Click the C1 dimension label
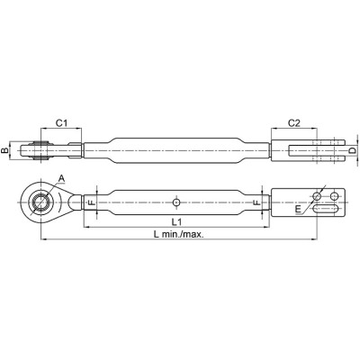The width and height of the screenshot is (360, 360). [61, 122]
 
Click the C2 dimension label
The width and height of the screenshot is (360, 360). [294, 122]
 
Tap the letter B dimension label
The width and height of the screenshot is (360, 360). [4, 150]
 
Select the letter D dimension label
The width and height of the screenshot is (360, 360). [353, 150]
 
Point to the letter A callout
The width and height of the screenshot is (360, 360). [61, 187]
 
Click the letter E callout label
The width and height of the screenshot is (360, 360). [298, 210]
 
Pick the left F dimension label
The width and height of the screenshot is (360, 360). [92, 202]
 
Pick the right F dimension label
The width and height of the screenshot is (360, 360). [256, 202]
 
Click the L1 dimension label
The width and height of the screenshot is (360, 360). [176, 222]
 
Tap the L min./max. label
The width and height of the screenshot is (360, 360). [178, 235]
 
